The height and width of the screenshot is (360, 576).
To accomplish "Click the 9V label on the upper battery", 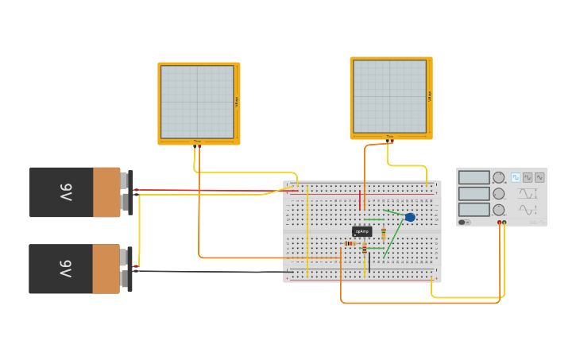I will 66,192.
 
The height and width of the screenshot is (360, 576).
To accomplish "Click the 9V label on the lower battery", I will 66,269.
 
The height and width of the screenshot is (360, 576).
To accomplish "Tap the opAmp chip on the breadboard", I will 362,231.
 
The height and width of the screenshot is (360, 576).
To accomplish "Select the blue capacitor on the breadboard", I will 410,217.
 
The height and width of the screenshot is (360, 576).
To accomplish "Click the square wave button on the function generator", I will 516,177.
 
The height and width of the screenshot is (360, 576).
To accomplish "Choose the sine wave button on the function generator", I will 539,177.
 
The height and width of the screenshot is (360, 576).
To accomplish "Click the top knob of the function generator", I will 499,178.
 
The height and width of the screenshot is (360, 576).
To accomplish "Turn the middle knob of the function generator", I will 499,194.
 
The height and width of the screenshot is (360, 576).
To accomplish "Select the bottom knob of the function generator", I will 499,210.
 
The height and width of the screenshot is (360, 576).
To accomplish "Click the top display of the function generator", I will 474,178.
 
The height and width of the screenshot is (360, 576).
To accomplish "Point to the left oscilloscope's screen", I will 197,102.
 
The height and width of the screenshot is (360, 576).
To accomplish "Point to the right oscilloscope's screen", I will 389,96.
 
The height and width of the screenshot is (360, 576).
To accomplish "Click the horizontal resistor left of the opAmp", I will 350,243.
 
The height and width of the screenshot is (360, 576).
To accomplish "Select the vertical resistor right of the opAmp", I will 384,234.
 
